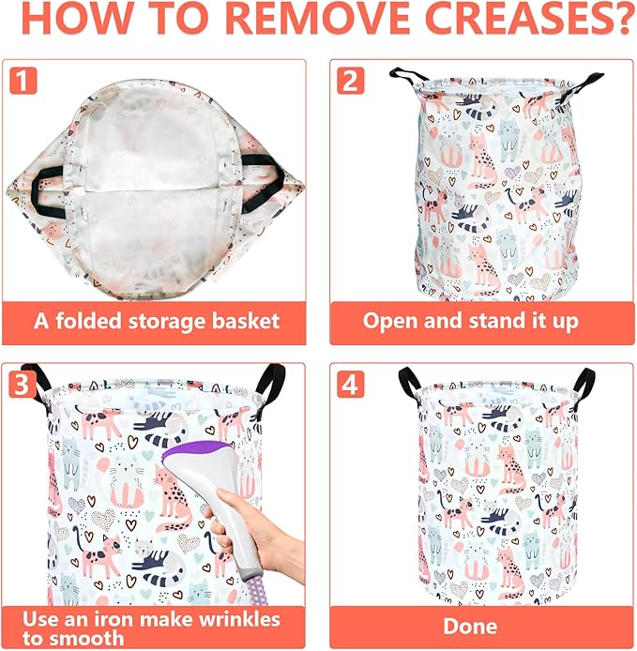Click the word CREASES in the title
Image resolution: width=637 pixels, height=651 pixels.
[528, 18]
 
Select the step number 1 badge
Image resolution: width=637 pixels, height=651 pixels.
[23, 81]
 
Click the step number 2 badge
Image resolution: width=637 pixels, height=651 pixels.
[351, 81]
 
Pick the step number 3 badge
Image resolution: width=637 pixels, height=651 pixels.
[22, 384]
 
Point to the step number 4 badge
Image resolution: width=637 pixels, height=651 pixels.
[351, 384]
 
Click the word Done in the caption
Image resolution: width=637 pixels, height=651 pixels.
[470, 626]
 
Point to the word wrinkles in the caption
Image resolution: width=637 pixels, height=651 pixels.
[239, 619]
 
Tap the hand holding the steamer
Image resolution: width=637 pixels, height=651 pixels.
[257, 536]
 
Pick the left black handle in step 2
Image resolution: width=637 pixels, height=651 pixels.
[409, 76]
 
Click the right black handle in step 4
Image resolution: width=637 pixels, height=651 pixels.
[584, 384]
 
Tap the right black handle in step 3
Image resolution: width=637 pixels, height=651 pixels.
[271, 381]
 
